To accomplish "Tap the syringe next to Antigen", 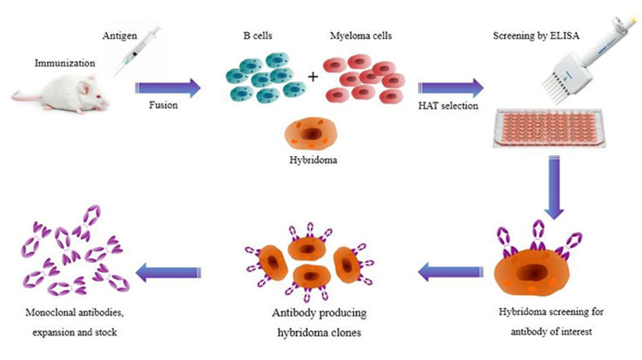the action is coord(137,51).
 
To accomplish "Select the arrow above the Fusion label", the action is coord(168,88).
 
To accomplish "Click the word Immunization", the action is coord(65,63).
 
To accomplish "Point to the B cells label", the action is coord(257,36).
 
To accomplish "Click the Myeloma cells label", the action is coord(361,36).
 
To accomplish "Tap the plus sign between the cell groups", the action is coord(313,77).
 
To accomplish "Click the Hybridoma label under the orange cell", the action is coord(313,160).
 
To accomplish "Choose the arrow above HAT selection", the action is coord(451,88).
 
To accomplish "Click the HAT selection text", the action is coord(448,106).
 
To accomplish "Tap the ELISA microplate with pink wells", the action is coord(549,129).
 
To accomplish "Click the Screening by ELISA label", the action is coord(536,36).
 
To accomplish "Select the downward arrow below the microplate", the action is coord(554,188).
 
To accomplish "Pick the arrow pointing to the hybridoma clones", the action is coord(451,272).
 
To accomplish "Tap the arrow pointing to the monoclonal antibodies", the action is coord(168,273).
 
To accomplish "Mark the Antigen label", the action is coord(119,36).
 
